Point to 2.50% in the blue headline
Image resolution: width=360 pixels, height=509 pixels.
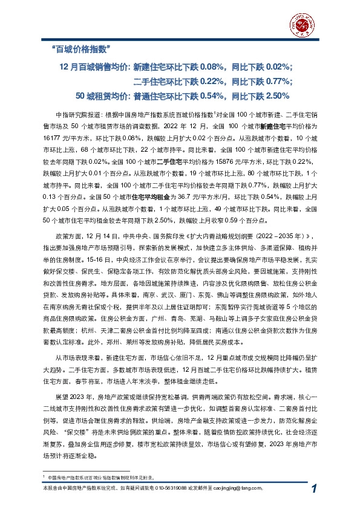point(278,96)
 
